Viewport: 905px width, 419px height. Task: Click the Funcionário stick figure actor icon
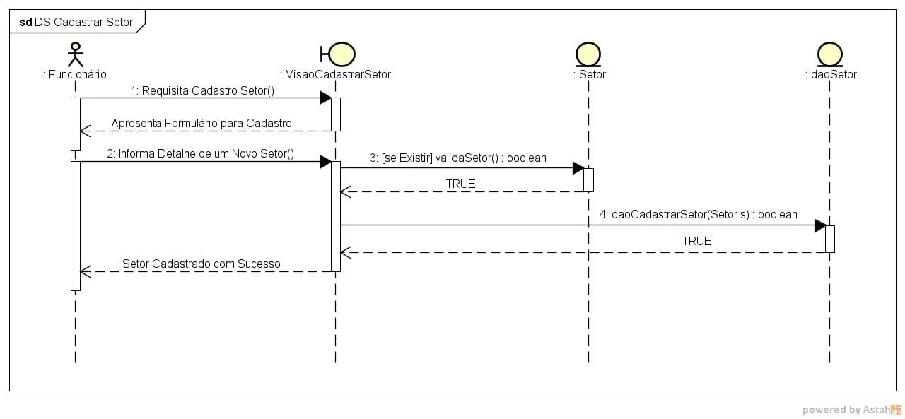(x=75, y=54)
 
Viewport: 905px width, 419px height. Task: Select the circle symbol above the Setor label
(x=588, y=54)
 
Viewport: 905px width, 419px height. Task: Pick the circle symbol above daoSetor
(x=829, y=54)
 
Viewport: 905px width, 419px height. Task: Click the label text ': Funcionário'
(x=75, y=74)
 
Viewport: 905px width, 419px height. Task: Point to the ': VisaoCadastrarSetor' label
(x=335, y=74)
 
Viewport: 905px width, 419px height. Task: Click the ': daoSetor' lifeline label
(x=831, y=74)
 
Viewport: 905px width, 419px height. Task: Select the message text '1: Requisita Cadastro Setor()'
(x=202, y=90)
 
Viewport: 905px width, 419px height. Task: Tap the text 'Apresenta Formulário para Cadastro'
(x=202, y=124)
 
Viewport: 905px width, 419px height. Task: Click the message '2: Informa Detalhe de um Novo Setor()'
(x=201, y=154)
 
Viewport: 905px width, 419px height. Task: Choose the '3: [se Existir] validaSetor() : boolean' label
(x=458, y=158)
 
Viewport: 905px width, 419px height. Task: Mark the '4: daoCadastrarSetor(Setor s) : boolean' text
(x=699, y=215)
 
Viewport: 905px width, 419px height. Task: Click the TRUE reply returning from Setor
(x=460, y=184)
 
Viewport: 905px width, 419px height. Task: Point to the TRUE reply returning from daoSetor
(x=696, y=241)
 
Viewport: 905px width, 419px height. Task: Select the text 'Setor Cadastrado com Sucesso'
(x=202, y=264)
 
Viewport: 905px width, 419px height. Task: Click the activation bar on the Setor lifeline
(x=588, y=179)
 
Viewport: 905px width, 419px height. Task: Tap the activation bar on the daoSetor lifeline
(x=830, y=239)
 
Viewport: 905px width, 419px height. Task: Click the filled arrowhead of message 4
(x=820, y=225)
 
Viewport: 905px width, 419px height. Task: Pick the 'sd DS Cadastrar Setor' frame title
(x=76, y=22)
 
